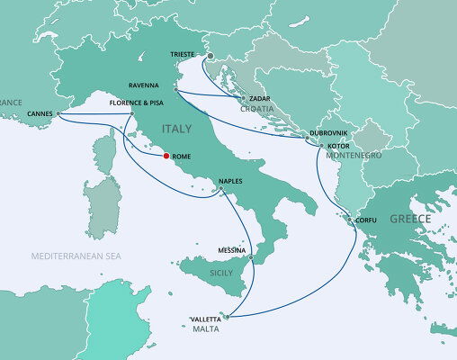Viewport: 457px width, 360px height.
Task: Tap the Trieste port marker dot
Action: coord(210,56)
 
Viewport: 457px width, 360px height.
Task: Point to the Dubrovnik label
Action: coord(328,132)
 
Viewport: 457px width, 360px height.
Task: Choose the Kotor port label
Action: coord(339,144)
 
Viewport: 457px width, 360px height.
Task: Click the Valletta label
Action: coord(208,319)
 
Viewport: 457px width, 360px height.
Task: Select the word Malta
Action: coord(207,329)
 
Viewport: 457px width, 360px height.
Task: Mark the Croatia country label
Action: coord(255,110)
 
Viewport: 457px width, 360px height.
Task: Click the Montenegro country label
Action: coord(353,155)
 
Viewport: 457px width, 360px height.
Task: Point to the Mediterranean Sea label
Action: coord(75,256)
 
